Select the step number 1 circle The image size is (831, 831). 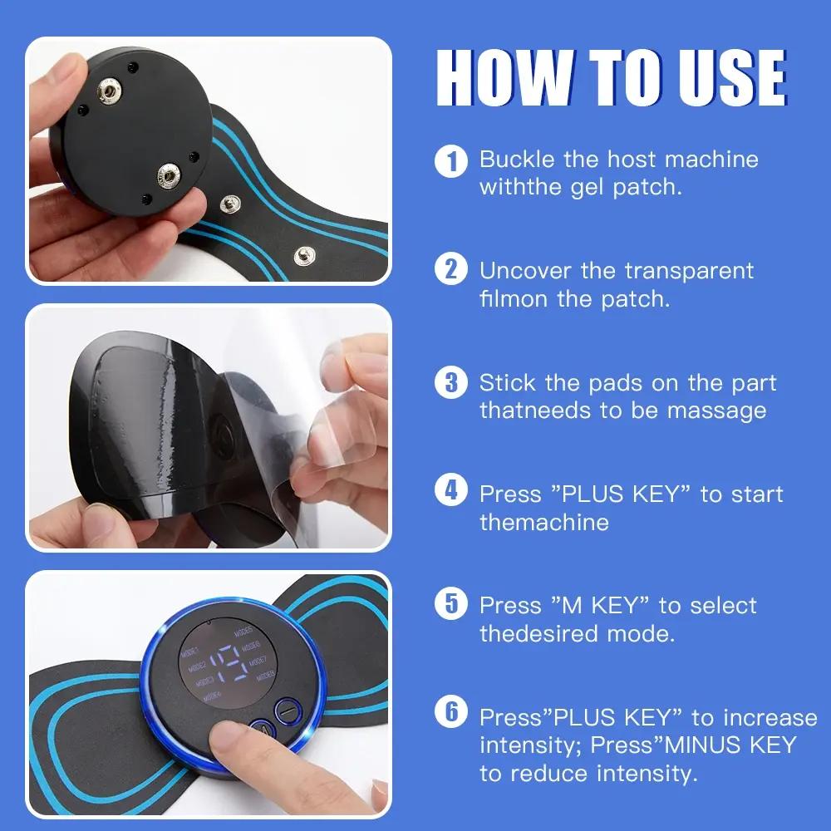point(451,160)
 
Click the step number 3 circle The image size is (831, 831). point(451,382)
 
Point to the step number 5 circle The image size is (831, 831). point(451,604)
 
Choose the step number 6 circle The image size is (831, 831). point(451,715)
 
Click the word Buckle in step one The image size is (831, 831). point(517,159)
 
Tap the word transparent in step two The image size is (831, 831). point(689,271)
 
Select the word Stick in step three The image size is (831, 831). point(507,382)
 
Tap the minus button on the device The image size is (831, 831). point(288,712)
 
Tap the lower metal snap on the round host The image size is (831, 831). point(171,176)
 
